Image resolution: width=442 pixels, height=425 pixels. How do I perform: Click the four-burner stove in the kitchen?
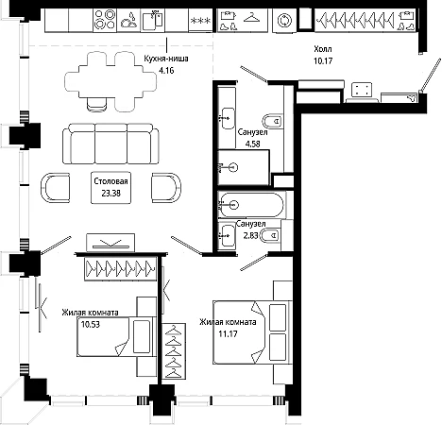click(x=105, y=20)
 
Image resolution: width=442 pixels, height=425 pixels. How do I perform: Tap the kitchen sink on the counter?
click(x=153, y=20)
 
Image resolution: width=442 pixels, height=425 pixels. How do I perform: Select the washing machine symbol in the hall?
click(x=284, y=21)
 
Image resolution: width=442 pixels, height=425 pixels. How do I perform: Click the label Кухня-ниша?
click(x=166, y=59)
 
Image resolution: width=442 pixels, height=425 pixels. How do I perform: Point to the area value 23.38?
click(x=110, y=193)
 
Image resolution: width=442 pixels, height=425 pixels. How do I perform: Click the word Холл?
click(x=323, y=49)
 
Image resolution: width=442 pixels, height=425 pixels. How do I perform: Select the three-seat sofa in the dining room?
click(x=110, y=144)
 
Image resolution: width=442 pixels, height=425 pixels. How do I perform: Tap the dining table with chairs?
click(x=110, y=82)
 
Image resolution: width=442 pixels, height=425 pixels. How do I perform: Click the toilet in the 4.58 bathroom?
click(x=272, y=121)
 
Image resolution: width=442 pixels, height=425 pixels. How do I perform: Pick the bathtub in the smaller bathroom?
click(x=251, y=205)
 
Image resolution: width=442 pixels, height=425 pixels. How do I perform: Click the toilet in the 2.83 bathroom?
click(x=270, y=235)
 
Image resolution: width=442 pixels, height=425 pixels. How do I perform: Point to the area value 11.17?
click(x=228, y=333)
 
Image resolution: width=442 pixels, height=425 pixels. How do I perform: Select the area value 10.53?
click(x=91, y=324)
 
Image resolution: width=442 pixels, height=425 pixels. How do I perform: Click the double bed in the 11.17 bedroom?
click(x=252, y=332)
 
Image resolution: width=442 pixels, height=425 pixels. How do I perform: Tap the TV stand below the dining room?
click(x=110, y=243)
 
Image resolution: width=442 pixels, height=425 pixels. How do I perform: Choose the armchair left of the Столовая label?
click(x=55, y=188)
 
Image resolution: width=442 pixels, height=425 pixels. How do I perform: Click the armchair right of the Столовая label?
click(x=166, y=187)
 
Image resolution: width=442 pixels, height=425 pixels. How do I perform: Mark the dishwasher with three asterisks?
click(x=200, y=21)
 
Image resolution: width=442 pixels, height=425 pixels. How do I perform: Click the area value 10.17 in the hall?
click(x=323, y=60)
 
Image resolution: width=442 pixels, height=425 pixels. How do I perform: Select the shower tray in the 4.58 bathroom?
click(x=244, y=167)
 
